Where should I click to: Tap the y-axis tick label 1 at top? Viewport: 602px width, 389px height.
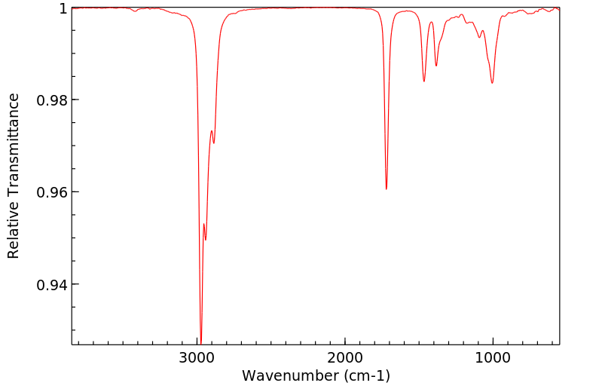(x=63, y=8)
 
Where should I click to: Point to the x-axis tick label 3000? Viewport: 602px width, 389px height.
(x=197, y=357)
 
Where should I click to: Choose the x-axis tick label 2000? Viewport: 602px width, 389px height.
(x=345, y=357)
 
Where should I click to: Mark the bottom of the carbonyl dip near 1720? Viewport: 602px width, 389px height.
(x=387, y=189)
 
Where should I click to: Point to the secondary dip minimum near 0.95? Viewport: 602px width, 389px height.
(x=206, y=240)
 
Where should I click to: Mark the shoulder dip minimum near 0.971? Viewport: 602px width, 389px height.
(x=214, y=143)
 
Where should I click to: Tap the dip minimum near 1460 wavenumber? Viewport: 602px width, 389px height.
(x=424, y=81)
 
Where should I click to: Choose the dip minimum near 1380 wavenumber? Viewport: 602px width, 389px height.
(x=436, y=66)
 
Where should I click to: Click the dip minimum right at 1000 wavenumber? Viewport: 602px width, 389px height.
(x=492, y=83)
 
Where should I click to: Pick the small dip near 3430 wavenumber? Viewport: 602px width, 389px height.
(x=135, y=11)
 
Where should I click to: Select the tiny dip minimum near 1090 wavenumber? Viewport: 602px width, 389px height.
(x=479, y=38)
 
